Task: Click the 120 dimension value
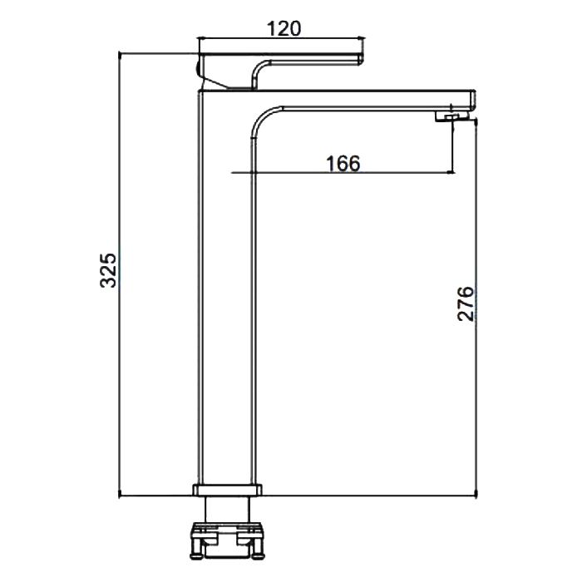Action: coord(284,28)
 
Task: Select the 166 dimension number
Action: coord(343,163)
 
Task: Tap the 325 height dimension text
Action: coord(108,270)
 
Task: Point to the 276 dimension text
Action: coord(466,303)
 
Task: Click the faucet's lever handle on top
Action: coord(281,71)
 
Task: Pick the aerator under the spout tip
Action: coord(451,117)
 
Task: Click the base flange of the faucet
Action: coord(228,490)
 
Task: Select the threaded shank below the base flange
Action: coord(228,509)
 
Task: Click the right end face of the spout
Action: coord(473,100)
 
